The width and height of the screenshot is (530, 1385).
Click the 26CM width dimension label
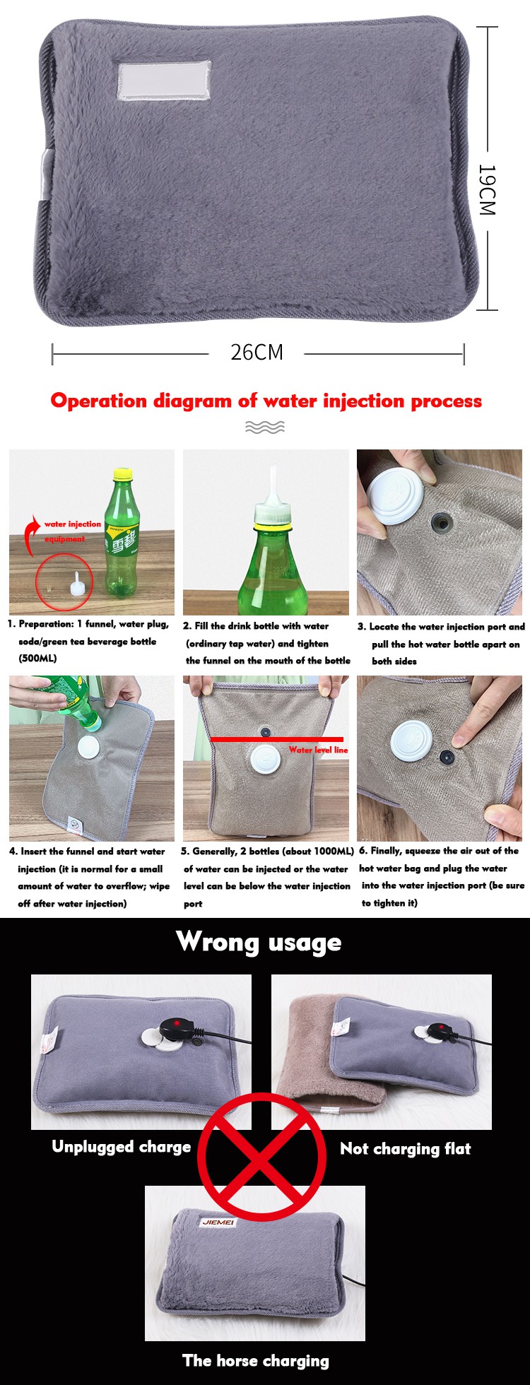[x=257, y=352]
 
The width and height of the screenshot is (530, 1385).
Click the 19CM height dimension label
[x=488, y=189]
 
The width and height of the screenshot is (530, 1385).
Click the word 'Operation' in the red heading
[x=99, y=401]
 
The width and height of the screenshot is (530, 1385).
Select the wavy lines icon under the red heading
[x=265, y=427]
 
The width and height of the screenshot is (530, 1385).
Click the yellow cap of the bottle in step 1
[x=123, y=473]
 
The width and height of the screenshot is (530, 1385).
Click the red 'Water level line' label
[x=318, y=750]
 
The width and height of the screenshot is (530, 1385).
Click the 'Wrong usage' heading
[x=259, y=942]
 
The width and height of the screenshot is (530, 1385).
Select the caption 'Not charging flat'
[x=405, y=1148]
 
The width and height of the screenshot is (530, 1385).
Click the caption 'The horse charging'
[x=255, y=1360]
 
